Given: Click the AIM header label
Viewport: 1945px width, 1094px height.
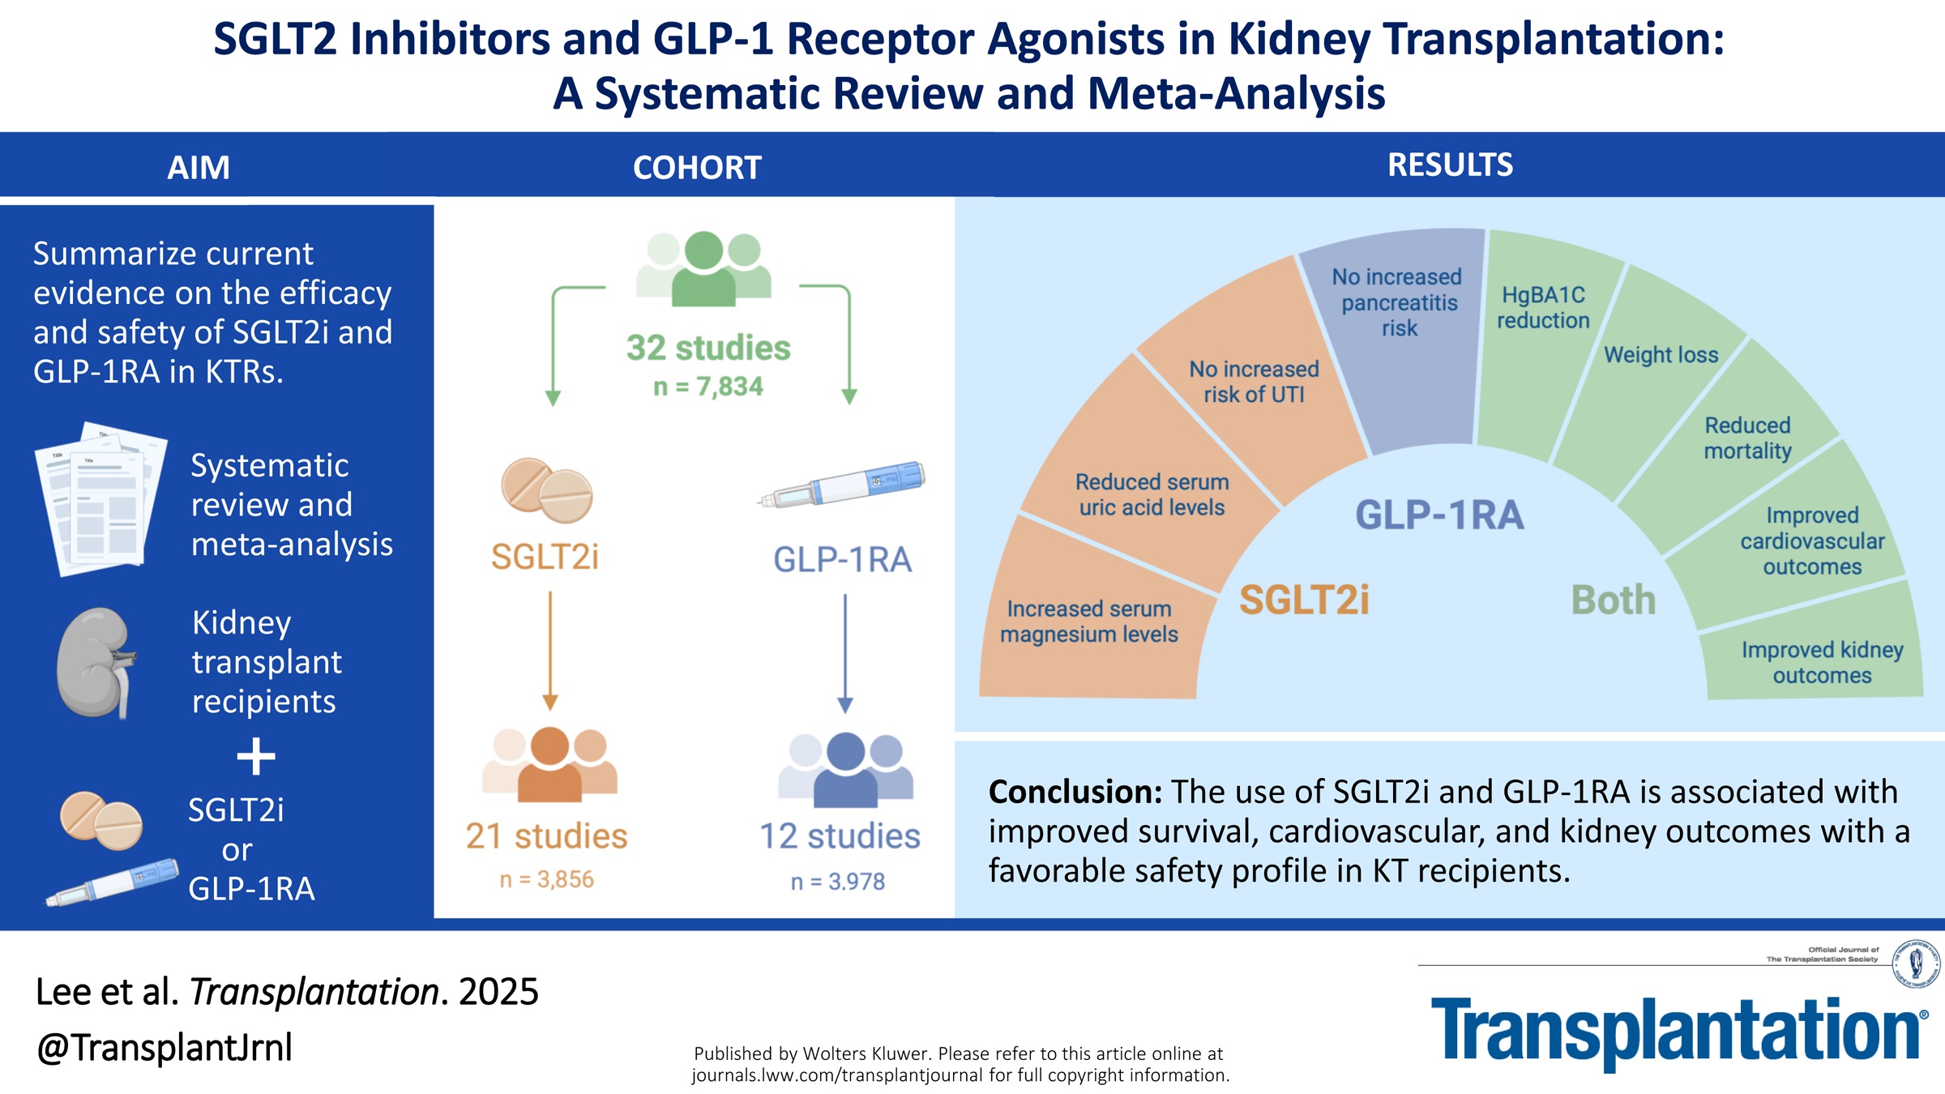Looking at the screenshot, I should pyautogui.click(x=199, y=168).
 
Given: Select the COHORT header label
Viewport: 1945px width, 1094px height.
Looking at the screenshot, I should pyautogui.click(x=697, y=168).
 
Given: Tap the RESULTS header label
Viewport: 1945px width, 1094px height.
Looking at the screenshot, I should pyautogui.click(x=1450, y=165).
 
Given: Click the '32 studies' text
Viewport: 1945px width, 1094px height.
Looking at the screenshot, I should pyautogui.click(x=708, y=348).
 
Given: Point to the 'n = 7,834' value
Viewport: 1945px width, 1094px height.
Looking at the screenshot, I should pyautogui.click(x=708, y=387).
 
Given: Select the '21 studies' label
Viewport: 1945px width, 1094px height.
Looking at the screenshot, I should pyautogui.click(x=546, y=836).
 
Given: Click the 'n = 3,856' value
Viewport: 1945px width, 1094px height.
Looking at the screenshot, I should pyautogui.click(x=546, y=879).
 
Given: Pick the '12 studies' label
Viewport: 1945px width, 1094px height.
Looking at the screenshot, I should pyautogui.click(x=840, y=836).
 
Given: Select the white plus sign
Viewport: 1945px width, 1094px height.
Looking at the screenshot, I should pyautogui.click(x=256, y=757).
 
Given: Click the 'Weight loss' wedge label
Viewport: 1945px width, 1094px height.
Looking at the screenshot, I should pyautogui.click(x=1661, y=355).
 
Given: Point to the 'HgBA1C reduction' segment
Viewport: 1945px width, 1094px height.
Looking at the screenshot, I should pyautogui.click(x=1543, y=308).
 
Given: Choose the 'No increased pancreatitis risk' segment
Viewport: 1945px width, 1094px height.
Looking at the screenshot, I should pyautogui.click(x=1399, y=303).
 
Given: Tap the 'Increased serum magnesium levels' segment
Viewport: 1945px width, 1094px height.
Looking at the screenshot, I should pyautogui.click(x=1088, y=622).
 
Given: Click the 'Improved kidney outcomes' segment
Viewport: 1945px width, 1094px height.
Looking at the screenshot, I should pyautogui.click(x=1822, y=663).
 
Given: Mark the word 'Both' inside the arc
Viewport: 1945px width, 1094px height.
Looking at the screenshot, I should pyautogui.click(x=1614, y=600).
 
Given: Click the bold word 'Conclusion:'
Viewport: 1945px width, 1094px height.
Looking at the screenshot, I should pyautogui.click(x=1075, y=792).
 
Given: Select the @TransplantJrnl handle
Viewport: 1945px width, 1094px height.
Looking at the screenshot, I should pyautogui.click(x=165, y=1047).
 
